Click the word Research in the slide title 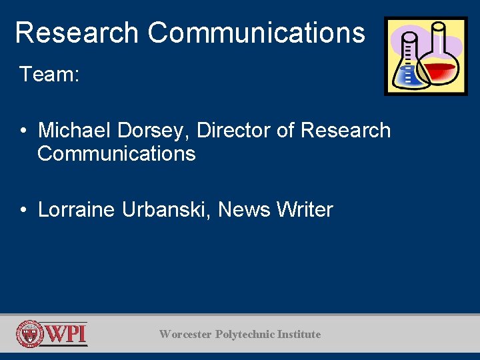(x=76, y=32)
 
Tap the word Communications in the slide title (x=256, y=32)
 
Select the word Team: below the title (x=49, y=74)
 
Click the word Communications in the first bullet (x=117, y=154)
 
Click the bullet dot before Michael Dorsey (x=23, y=131)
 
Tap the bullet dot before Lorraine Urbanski (x=23, y=210)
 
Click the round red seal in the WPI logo (x=30, y=334)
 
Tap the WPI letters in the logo (x=66, y=333)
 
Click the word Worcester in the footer (x=185, y=334)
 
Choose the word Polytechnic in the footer (x=245, y=334)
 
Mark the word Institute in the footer (x=299, y=334)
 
